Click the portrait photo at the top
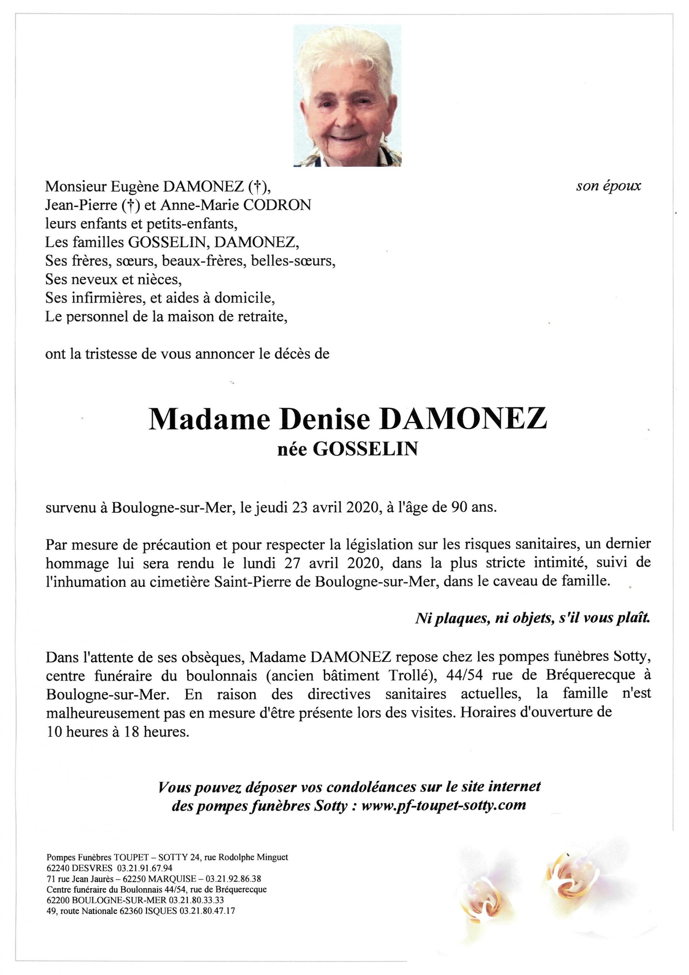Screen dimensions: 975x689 347,95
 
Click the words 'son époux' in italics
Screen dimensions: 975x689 608,186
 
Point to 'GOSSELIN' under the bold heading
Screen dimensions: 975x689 365,449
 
